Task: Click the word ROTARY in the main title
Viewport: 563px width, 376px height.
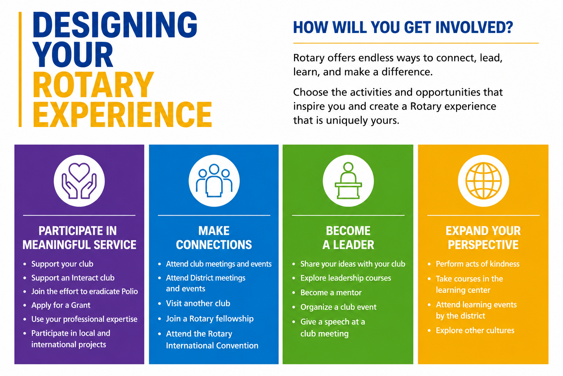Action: [93, 84]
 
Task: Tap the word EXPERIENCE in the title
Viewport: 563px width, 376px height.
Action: [122, 114]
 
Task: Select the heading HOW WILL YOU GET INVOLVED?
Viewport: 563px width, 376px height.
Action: [403, 27]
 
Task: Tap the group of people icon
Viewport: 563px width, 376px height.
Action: [214, 181]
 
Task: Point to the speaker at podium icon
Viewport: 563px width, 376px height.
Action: [348, 181]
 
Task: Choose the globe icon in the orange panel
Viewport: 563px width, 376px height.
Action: [483, 181]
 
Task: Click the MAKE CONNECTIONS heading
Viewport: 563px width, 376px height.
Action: [214, 238]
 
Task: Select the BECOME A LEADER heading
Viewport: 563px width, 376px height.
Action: [348, 238]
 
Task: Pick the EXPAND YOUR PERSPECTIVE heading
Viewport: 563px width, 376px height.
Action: [483, 238]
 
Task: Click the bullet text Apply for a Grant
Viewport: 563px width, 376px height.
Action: [60, 305]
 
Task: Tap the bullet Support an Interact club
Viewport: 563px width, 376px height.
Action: [73, 278]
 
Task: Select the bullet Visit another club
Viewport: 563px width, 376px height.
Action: [198, 303]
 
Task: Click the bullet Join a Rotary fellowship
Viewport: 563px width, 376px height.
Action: [210, 319]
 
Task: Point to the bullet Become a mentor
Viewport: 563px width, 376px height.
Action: [331, 292]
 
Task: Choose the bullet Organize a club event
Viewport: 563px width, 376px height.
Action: [338, 307]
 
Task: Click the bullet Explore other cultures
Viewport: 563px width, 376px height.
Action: [475, 330]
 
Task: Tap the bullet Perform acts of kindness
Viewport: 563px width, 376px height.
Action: [478, 264]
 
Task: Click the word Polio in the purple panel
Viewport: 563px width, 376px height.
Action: [130, 292]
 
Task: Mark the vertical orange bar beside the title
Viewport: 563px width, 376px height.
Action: [20, 69]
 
